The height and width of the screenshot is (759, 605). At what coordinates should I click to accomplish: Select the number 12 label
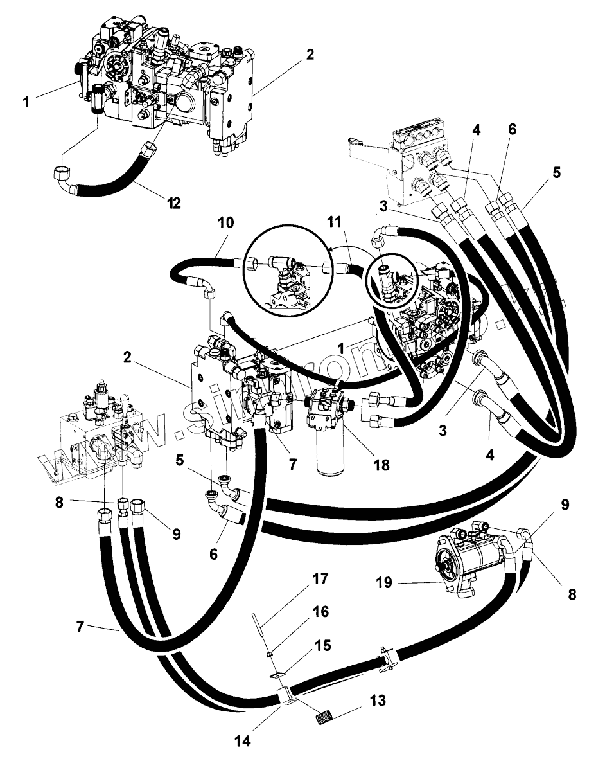(173, 204)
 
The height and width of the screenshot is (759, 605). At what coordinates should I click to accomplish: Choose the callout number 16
(320, 612)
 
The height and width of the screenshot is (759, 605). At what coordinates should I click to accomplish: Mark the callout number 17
(320, 579)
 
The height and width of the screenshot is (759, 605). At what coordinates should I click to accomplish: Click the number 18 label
(381, 465)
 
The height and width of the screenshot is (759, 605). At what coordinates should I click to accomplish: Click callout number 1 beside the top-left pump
(26, 102)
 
